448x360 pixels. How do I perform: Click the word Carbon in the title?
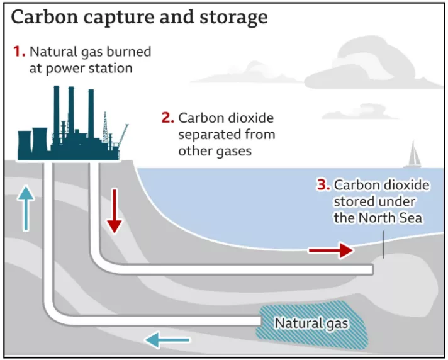coord(41,17)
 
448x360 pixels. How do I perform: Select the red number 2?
coord(167,118)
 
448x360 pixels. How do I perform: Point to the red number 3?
coord(323,185)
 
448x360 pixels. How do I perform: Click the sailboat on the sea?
coord(413,154)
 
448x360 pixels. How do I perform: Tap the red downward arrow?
coord(114,217)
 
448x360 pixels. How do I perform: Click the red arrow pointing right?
coord(331,250)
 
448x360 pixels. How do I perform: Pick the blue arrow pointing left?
coord(167,340)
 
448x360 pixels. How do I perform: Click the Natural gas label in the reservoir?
coord(311,323)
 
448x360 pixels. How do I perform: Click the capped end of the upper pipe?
coord(372,269)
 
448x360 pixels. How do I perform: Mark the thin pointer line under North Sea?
coord(383,246)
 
